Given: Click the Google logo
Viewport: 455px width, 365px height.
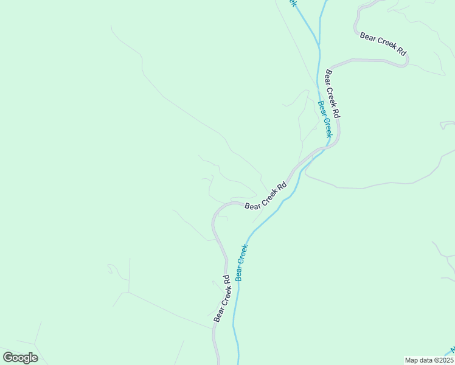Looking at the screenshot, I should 21,358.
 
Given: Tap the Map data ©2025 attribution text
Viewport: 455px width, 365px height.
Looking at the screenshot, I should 429,360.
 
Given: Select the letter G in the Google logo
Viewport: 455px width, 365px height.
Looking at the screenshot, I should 9,358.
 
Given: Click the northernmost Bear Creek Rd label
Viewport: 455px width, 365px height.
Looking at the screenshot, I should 383,44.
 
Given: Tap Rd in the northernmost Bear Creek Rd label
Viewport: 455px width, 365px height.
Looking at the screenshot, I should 400,51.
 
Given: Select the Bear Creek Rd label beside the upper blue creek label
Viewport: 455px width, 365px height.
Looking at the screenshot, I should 333,94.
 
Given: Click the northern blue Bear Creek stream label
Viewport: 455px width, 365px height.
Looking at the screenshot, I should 325,119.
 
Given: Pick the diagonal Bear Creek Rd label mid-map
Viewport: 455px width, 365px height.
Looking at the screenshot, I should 266,196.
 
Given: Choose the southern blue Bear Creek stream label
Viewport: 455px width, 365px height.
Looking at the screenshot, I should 242,262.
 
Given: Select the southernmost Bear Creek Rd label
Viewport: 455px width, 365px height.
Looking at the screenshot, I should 221,298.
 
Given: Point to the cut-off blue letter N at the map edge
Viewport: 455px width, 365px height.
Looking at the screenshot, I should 452,351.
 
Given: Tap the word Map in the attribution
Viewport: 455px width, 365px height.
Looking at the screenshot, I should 412,360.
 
